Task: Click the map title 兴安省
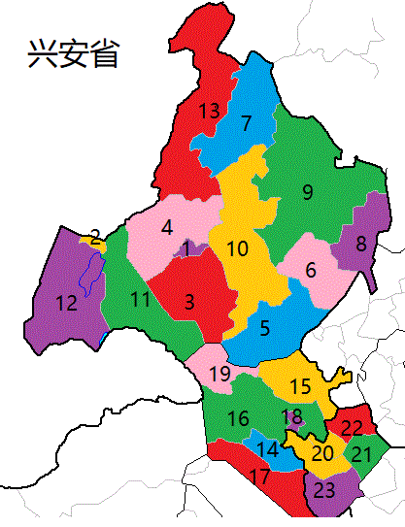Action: tap(73, 52)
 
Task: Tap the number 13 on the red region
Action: tap(209, 111)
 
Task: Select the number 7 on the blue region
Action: tap(246, 123)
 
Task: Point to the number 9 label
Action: tap(307, 191)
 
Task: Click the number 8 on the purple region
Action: tap(360, 244)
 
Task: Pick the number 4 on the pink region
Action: tap(167, 227)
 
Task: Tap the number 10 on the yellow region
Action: tap(237, 249)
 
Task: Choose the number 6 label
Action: tap(311, 271)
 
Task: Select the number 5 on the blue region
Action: tap(265, 328)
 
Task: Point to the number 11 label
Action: tap(141, 300)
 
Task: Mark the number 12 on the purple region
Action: tap(66, 304)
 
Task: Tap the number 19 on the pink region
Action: tap(219, 374)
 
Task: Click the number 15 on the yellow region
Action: tap(300, 386)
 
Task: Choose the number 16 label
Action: tap(238, 419)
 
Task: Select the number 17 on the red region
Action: tap(259, 476)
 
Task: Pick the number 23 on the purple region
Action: tap(324, 490)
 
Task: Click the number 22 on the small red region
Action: tap(352, 428)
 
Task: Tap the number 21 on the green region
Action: tap(360, 454)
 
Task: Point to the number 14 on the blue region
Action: tap(269, 449)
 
